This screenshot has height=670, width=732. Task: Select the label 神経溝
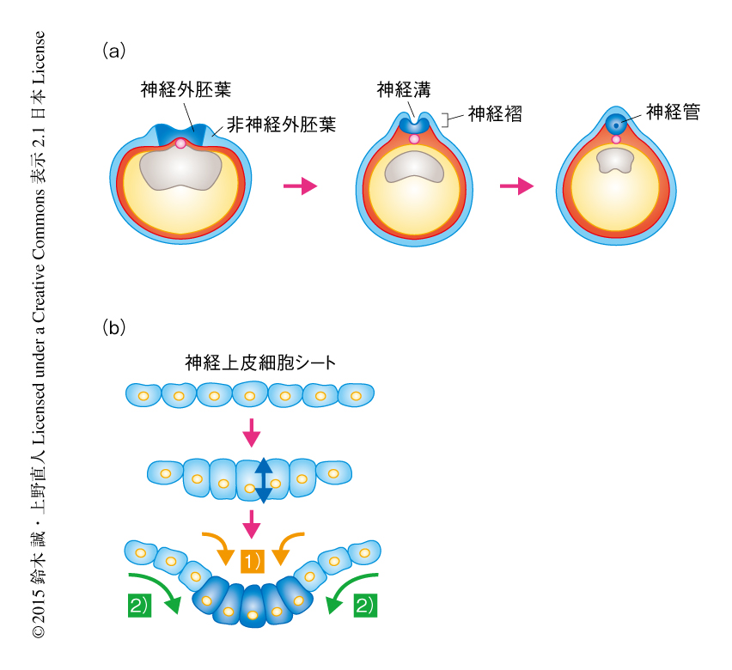[403, 88]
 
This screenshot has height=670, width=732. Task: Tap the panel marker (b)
[113, 326]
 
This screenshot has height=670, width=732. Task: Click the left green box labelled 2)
[138, 605]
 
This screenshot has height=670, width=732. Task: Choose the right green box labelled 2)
[364, 605]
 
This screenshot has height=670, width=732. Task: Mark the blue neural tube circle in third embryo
[615, 124]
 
